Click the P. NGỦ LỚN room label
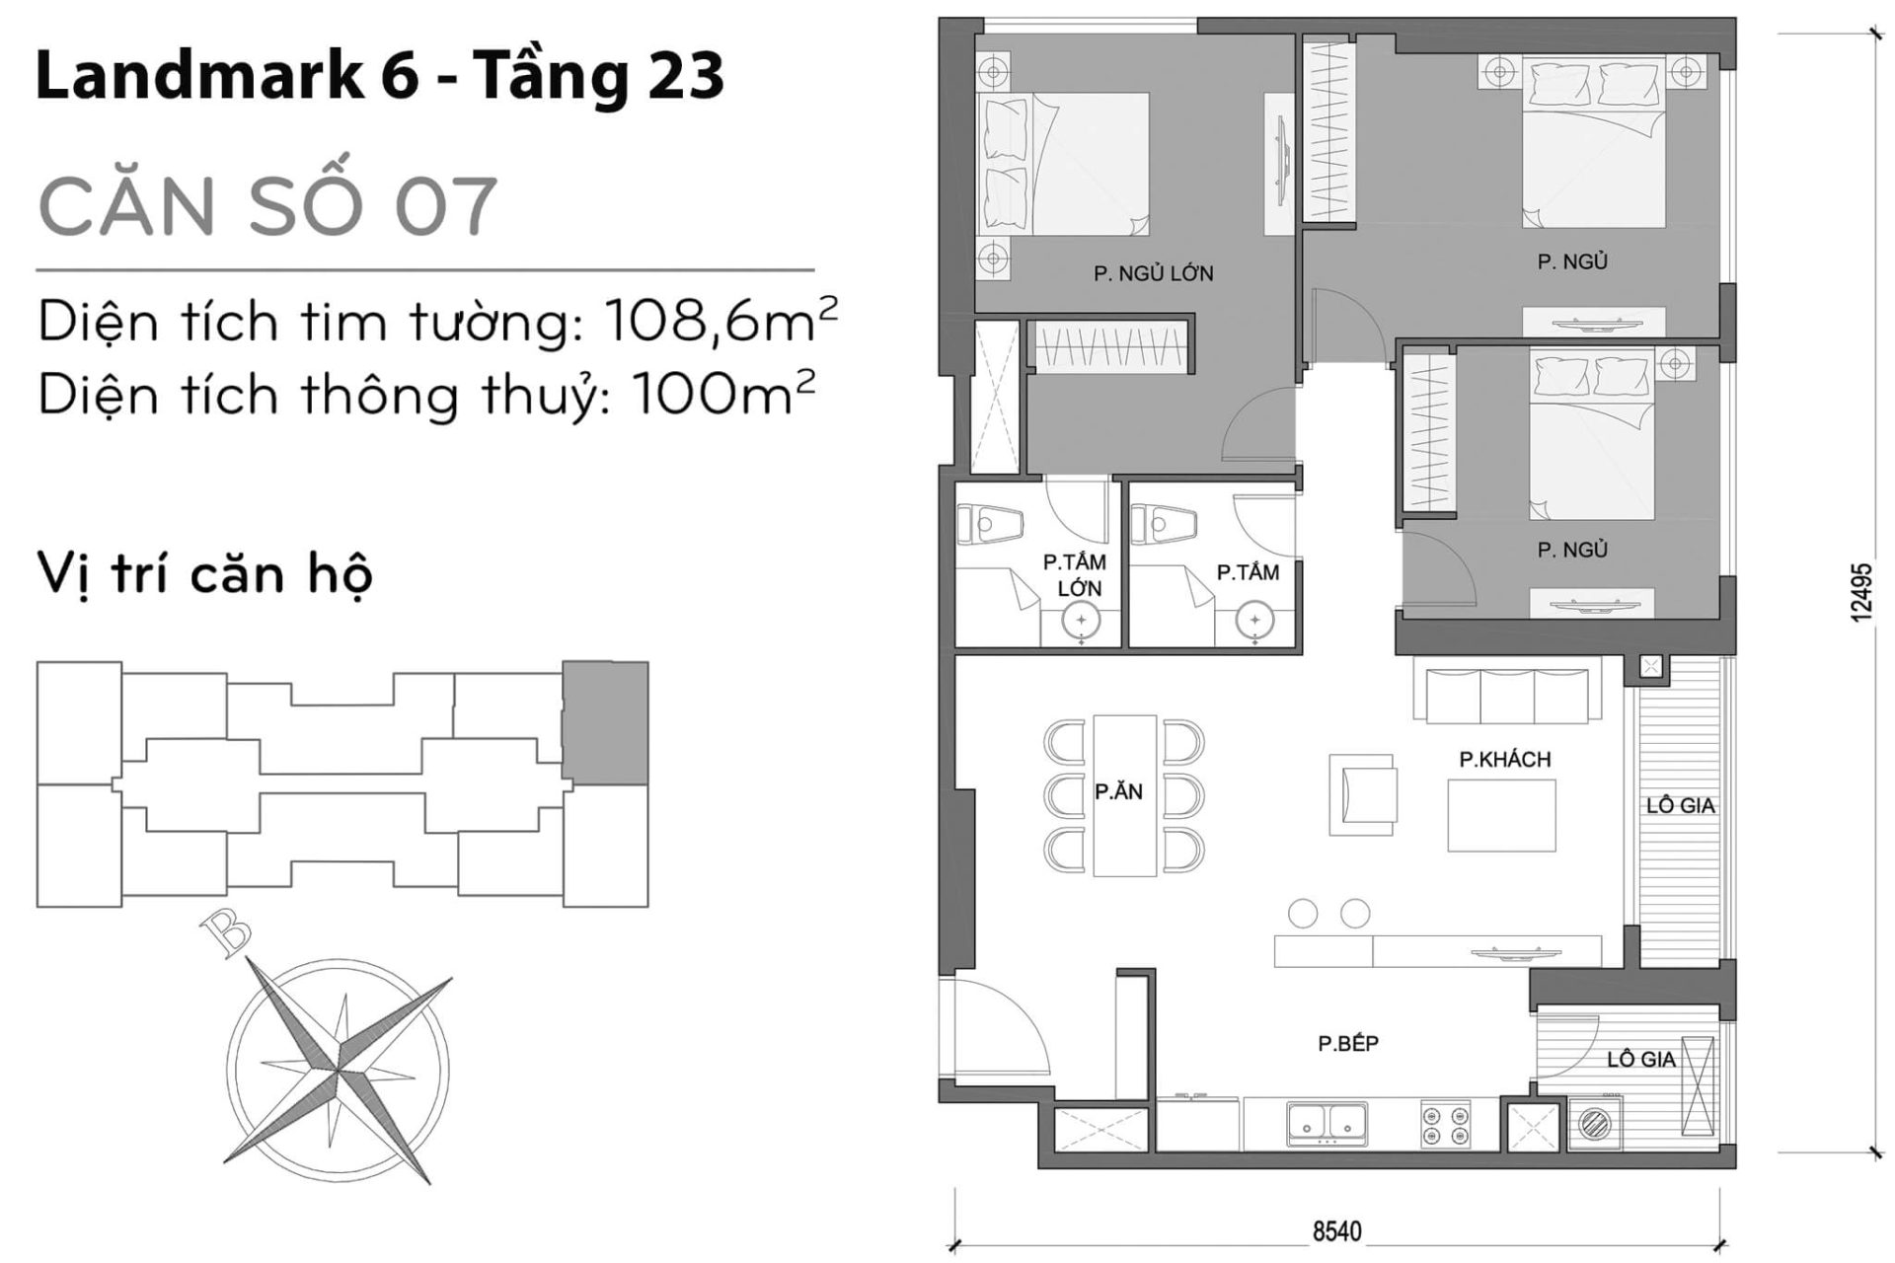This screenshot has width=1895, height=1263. (x=1153, y=273)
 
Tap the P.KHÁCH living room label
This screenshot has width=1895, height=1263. (x=1504, y=759)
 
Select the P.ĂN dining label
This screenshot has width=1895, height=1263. (x=1118, y=791)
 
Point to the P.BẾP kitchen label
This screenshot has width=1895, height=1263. (x=1347, y=1044)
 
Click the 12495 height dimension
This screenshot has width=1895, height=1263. (x=1860, y=592)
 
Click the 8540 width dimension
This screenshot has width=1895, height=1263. (x=1336, y=1231)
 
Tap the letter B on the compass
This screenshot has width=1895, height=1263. (x=225, y=933)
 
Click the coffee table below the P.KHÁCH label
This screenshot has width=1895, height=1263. (x=1501, y=815)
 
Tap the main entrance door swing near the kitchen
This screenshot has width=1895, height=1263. (x=992, y=1031)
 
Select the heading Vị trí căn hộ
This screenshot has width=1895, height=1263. (x=204, y=574)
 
